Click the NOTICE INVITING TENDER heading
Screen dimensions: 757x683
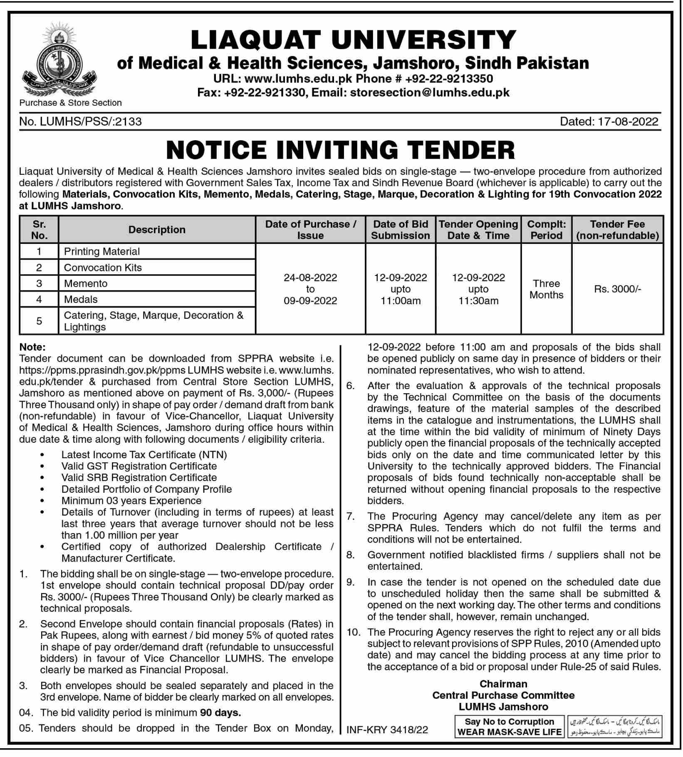click(341, 150)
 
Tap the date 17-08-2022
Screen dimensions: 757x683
click(628, 122)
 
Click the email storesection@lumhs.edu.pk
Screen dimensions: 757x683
click(430, 92)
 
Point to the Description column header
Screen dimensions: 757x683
click(157, 230)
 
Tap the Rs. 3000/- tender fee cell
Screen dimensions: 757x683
click(617, 289)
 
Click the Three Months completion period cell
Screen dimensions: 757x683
click(546, 289)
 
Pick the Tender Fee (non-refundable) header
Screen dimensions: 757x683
click(617, 230)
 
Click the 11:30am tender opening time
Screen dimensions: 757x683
click(478, 301)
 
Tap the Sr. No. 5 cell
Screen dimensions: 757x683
click(39, 321)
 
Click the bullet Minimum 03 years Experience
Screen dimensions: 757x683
click(131, 501)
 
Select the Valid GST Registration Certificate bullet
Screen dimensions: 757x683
click(139, 466)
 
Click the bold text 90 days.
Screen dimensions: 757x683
click(220, 713)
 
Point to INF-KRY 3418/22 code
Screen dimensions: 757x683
click(387, 730)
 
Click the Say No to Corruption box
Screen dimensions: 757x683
click(509, 727)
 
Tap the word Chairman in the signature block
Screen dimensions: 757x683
click(503, 684)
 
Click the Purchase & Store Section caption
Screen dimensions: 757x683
click(71, 103)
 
